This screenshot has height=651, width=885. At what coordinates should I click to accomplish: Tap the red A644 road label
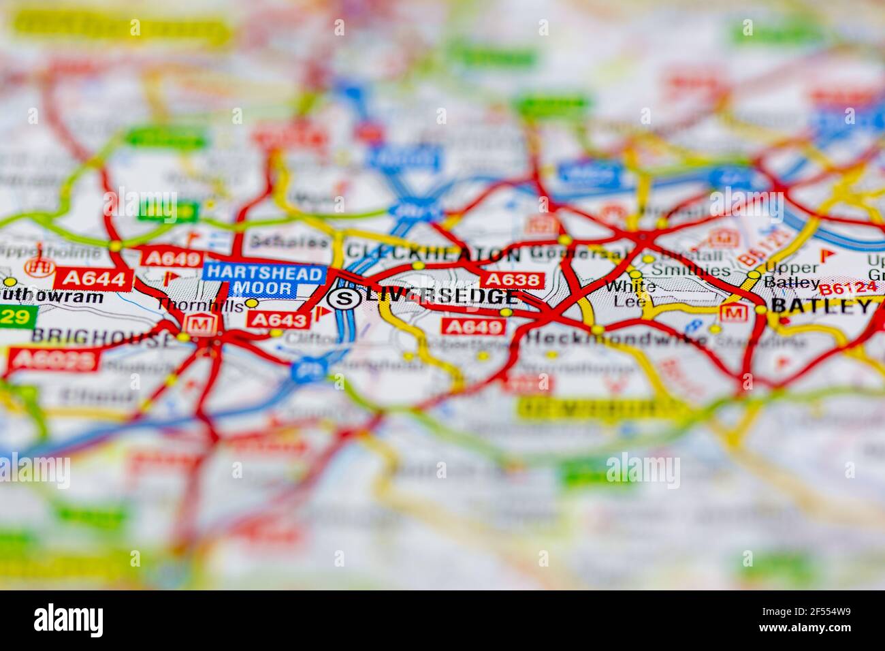pos(93,278)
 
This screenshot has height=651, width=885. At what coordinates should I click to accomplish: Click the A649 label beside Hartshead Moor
pos(171,258)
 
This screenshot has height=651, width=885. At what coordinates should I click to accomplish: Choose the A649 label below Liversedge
pos(474,327)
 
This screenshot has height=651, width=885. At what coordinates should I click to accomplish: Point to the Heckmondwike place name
pos(616,338)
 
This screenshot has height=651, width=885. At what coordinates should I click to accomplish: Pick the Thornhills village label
pos(199,306)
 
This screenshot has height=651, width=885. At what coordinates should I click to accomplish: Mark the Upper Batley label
pos(791,274)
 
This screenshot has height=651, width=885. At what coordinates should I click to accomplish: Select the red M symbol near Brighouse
pos(201,325)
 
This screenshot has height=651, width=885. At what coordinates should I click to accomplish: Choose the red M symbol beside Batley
pos(733,313)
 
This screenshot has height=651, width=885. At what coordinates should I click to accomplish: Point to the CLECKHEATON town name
pos(433,254)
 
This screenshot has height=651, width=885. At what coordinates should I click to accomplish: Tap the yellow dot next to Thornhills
pos(251,303)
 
